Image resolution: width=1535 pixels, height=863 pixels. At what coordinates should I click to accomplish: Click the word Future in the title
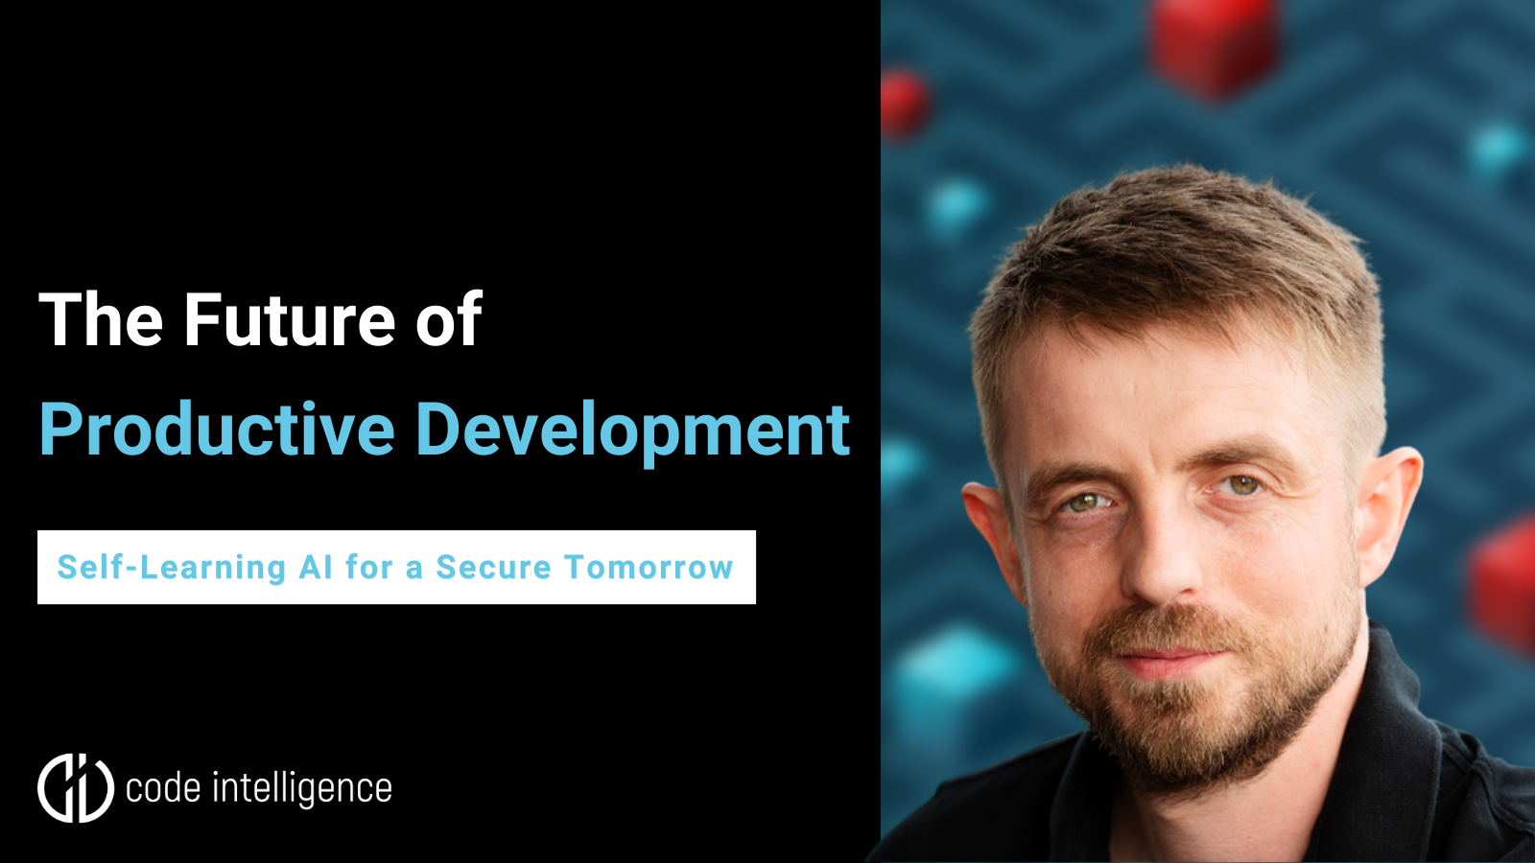(x=289, y=320)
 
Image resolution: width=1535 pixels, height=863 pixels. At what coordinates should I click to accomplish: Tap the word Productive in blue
(x=217, y=431)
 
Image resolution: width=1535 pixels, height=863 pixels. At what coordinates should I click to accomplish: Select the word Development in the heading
(x=632, y=431)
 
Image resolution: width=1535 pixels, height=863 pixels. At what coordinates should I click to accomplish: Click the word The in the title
(x=101, y=320)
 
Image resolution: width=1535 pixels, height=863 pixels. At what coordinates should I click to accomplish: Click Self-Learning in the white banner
(x=172, y=568)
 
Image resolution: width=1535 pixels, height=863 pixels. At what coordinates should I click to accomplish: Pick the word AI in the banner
(x=316, y=568)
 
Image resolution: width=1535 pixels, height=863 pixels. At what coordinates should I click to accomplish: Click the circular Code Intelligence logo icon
(x=76, y=788)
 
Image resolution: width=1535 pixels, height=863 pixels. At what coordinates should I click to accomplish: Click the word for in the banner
(x=369, y=568)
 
